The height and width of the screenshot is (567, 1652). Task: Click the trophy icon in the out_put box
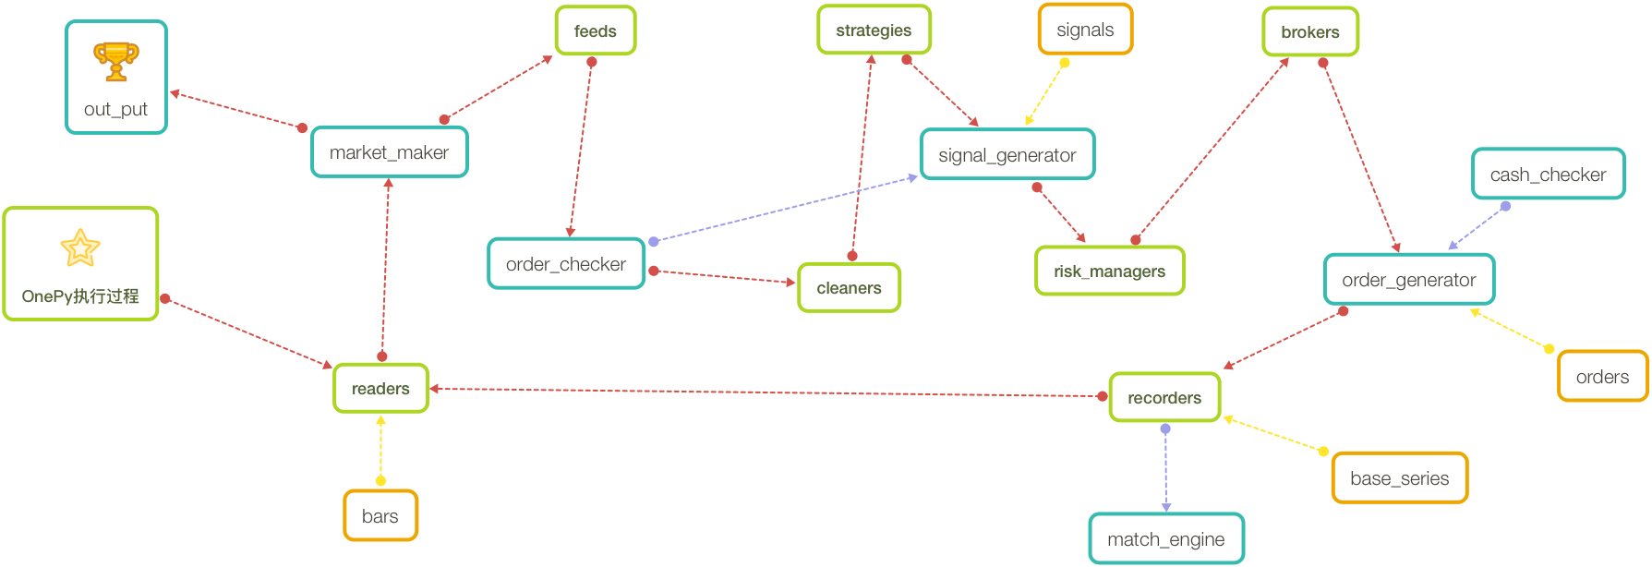tap(116, 61)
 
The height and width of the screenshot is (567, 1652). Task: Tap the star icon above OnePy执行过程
tap(80, 247)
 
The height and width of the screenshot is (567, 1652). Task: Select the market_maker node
tap(390, 152)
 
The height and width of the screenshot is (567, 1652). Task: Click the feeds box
tap(596, 31)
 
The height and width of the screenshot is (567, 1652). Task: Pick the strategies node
tap(874, 30)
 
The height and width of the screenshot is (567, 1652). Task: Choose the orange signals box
tap(1085, 30)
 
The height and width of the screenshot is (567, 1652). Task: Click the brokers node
tap(1310, 32)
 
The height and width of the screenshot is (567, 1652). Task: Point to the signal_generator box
tap(1007, 155)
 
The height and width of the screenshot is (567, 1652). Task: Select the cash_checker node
tap(1548, 175)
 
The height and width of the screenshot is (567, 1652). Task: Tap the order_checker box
tap(566, 264)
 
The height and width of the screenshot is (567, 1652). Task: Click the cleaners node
tap(849, 288)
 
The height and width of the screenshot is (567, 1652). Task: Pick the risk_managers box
tap(1109, 271)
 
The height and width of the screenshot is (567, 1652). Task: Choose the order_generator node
tap(1409, 280)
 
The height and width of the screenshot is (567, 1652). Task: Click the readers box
tap(380, 389)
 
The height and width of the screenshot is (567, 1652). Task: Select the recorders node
tap(1164, 398)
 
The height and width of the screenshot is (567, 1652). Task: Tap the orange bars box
tap(380, 516)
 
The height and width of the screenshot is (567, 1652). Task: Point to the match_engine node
tap(1166, 539)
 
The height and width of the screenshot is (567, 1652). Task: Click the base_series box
tap(1400, 478)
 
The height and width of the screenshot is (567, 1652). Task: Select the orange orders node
tap(1603, 377)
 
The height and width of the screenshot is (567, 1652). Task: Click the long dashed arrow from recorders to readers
tap(766, 392)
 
